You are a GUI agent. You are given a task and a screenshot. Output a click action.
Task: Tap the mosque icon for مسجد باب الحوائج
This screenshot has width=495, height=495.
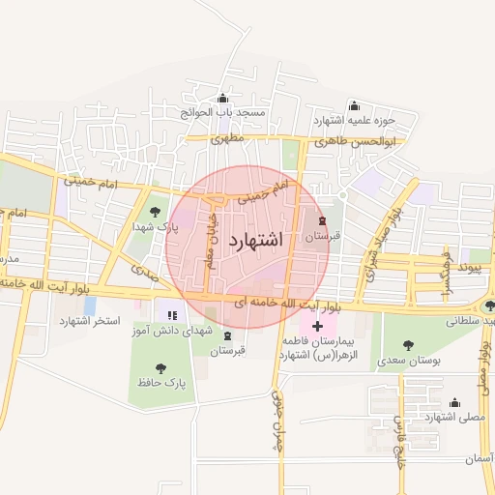(x=223, y=98)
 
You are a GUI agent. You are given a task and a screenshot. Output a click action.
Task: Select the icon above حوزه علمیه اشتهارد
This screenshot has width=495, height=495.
(x=353, y=105)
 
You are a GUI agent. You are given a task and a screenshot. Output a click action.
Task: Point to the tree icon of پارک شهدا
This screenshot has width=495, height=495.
(x=153, y=212)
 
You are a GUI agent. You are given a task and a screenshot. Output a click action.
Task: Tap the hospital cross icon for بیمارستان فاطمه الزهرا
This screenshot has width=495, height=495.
(x=317, y=327)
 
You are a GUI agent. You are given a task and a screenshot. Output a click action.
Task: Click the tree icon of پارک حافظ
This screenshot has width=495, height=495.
(x=160, y=367)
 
